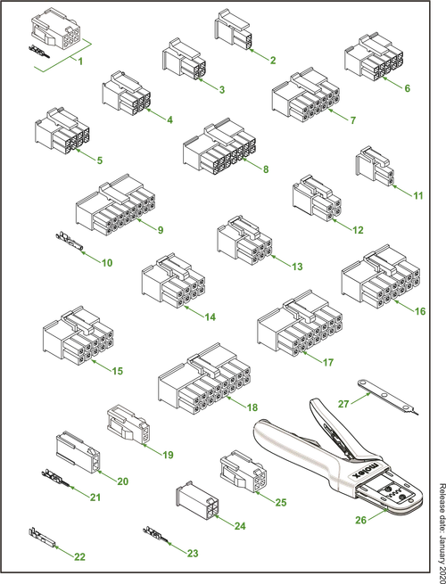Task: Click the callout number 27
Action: (343, 404)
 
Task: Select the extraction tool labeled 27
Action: (388, 397)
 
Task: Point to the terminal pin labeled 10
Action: (70, 242)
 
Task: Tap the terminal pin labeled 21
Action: (56, 478)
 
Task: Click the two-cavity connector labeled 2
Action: (232, 29)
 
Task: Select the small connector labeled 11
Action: (375, 165)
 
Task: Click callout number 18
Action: (252, 407)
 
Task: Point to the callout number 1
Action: (80, 61)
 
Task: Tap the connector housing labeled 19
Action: (128, 424)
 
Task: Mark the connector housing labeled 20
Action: (78, 452)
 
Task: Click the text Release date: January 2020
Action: (442, 533)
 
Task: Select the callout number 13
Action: (297, 267)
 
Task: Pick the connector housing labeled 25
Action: (243, 472)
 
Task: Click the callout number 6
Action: (407, 88)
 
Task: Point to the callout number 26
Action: (360, 520)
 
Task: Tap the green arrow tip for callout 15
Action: (91, 360)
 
